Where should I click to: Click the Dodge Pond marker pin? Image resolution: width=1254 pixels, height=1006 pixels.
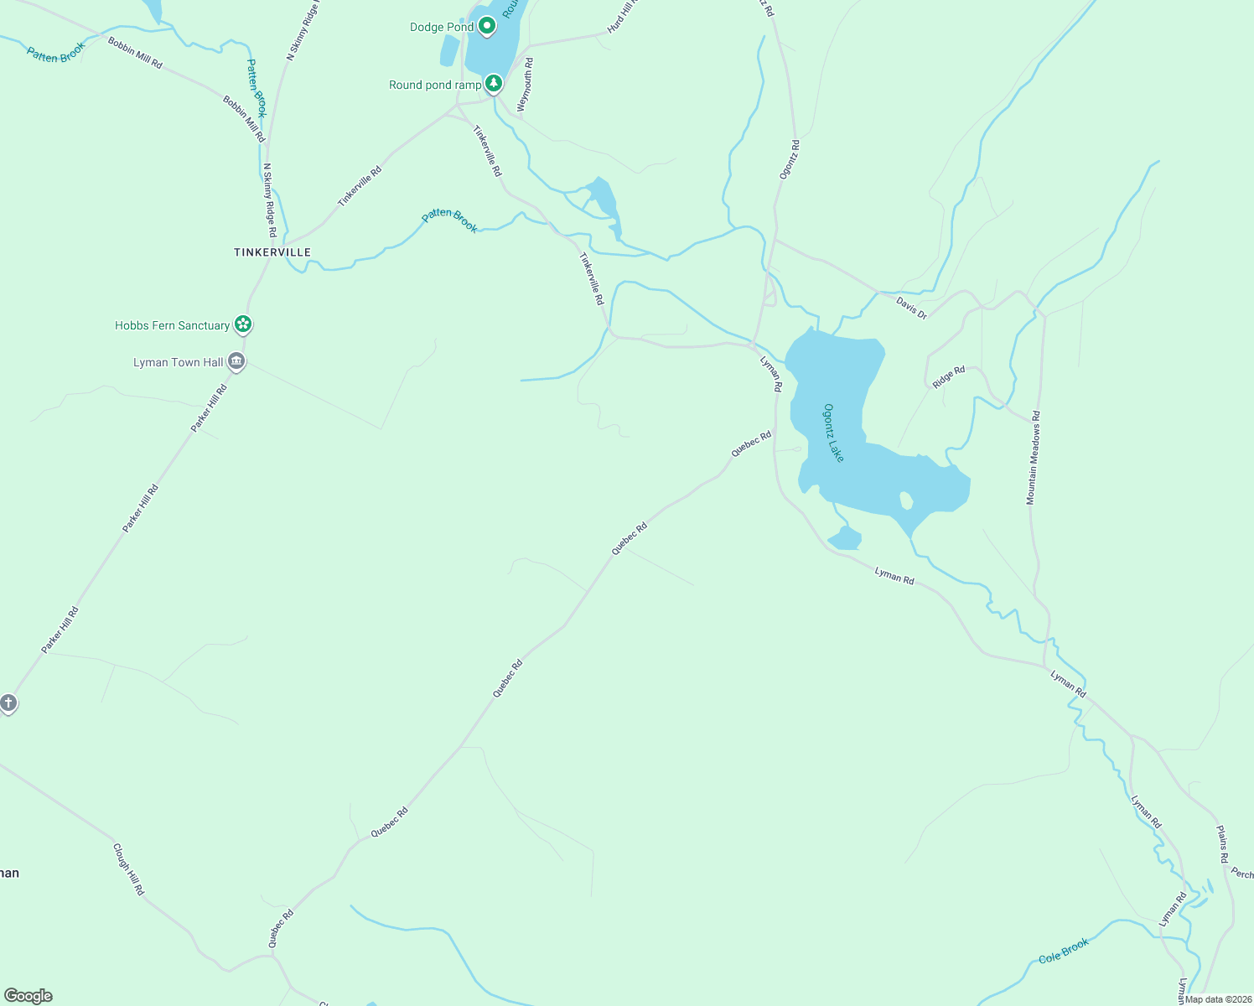pyautogui.click(x=487, y=26)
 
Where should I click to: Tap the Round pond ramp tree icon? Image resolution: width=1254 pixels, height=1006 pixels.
pyautogui.click(x=494, y=83)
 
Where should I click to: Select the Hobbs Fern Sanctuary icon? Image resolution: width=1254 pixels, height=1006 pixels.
pyautogui.click(x=243, y=324)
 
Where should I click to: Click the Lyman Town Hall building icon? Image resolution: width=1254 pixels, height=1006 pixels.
pyautogui.click(x=236, y=361)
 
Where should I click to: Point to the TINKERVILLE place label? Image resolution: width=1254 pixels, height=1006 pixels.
pyautogui.click(x=272, y=252)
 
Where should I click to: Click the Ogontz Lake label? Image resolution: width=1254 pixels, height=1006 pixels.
pyautogui.click(x=833, y=433)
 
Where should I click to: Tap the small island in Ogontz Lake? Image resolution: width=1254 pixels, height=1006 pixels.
pyautogui.click(x=906, y=500)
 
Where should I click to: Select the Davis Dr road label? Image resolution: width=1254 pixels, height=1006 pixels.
pyautogui.click(x=911, y=308)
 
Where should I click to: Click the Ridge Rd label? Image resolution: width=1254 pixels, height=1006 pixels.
pyautogui.click(x=949, y=377)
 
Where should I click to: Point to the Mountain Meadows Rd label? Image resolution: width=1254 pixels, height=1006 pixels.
pyautogui.click(x=1034, y=457)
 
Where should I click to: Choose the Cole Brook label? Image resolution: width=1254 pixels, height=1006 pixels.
pyautogui.click(x=1064, y=951)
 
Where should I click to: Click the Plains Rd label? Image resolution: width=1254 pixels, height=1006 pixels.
pyautogui.click(x=1222, y=844)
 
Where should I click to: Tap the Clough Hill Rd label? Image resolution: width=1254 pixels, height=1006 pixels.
pyautogui.click(x=128, y=869)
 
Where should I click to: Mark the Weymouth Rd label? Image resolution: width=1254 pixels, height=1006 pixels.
pyautogui.click(x=525, y=85)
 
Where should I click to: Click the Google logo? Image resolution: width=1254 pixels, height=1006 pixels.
pyautogui.click(x=28, y=996)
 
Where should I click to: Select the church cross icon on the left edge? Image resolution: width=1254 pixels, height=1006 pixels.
pyautogui.click(x=8, y=703)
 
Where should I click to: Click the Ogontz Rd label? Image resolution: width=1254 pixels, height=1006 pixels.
pyautogui.click(x=790, y=159)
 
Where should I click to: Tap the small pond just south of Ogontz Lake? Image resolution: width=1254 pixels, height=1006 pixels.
pyautogui.click(x=845, y=538)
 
